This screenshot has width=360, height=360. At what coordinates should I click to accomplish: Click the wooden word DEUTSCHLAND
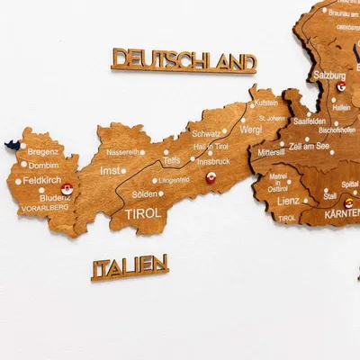pyautogui.click(x=184, y=61)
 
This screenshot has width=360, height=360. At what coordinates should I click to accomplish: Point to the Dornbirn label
pyautogui.click(x=42, y=166)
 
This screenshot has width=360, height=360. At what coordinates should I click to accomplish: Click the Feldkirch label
pyautogui.click(x=41, y=181)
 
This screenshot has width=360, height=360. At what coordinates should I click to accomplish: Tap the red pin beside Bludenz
pyautogui.click(x=66, y=191)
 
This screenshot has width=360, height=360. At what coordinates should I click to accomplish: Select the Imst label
pyautogui.click(x=110, y=170)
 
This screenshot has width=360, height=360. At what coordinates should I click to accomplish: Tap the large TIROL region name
pyautogui.click(x=143, y=214)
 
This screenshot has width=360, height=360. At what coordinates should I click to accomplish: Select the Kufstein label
pyautogui.click(x=265, y=103)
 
